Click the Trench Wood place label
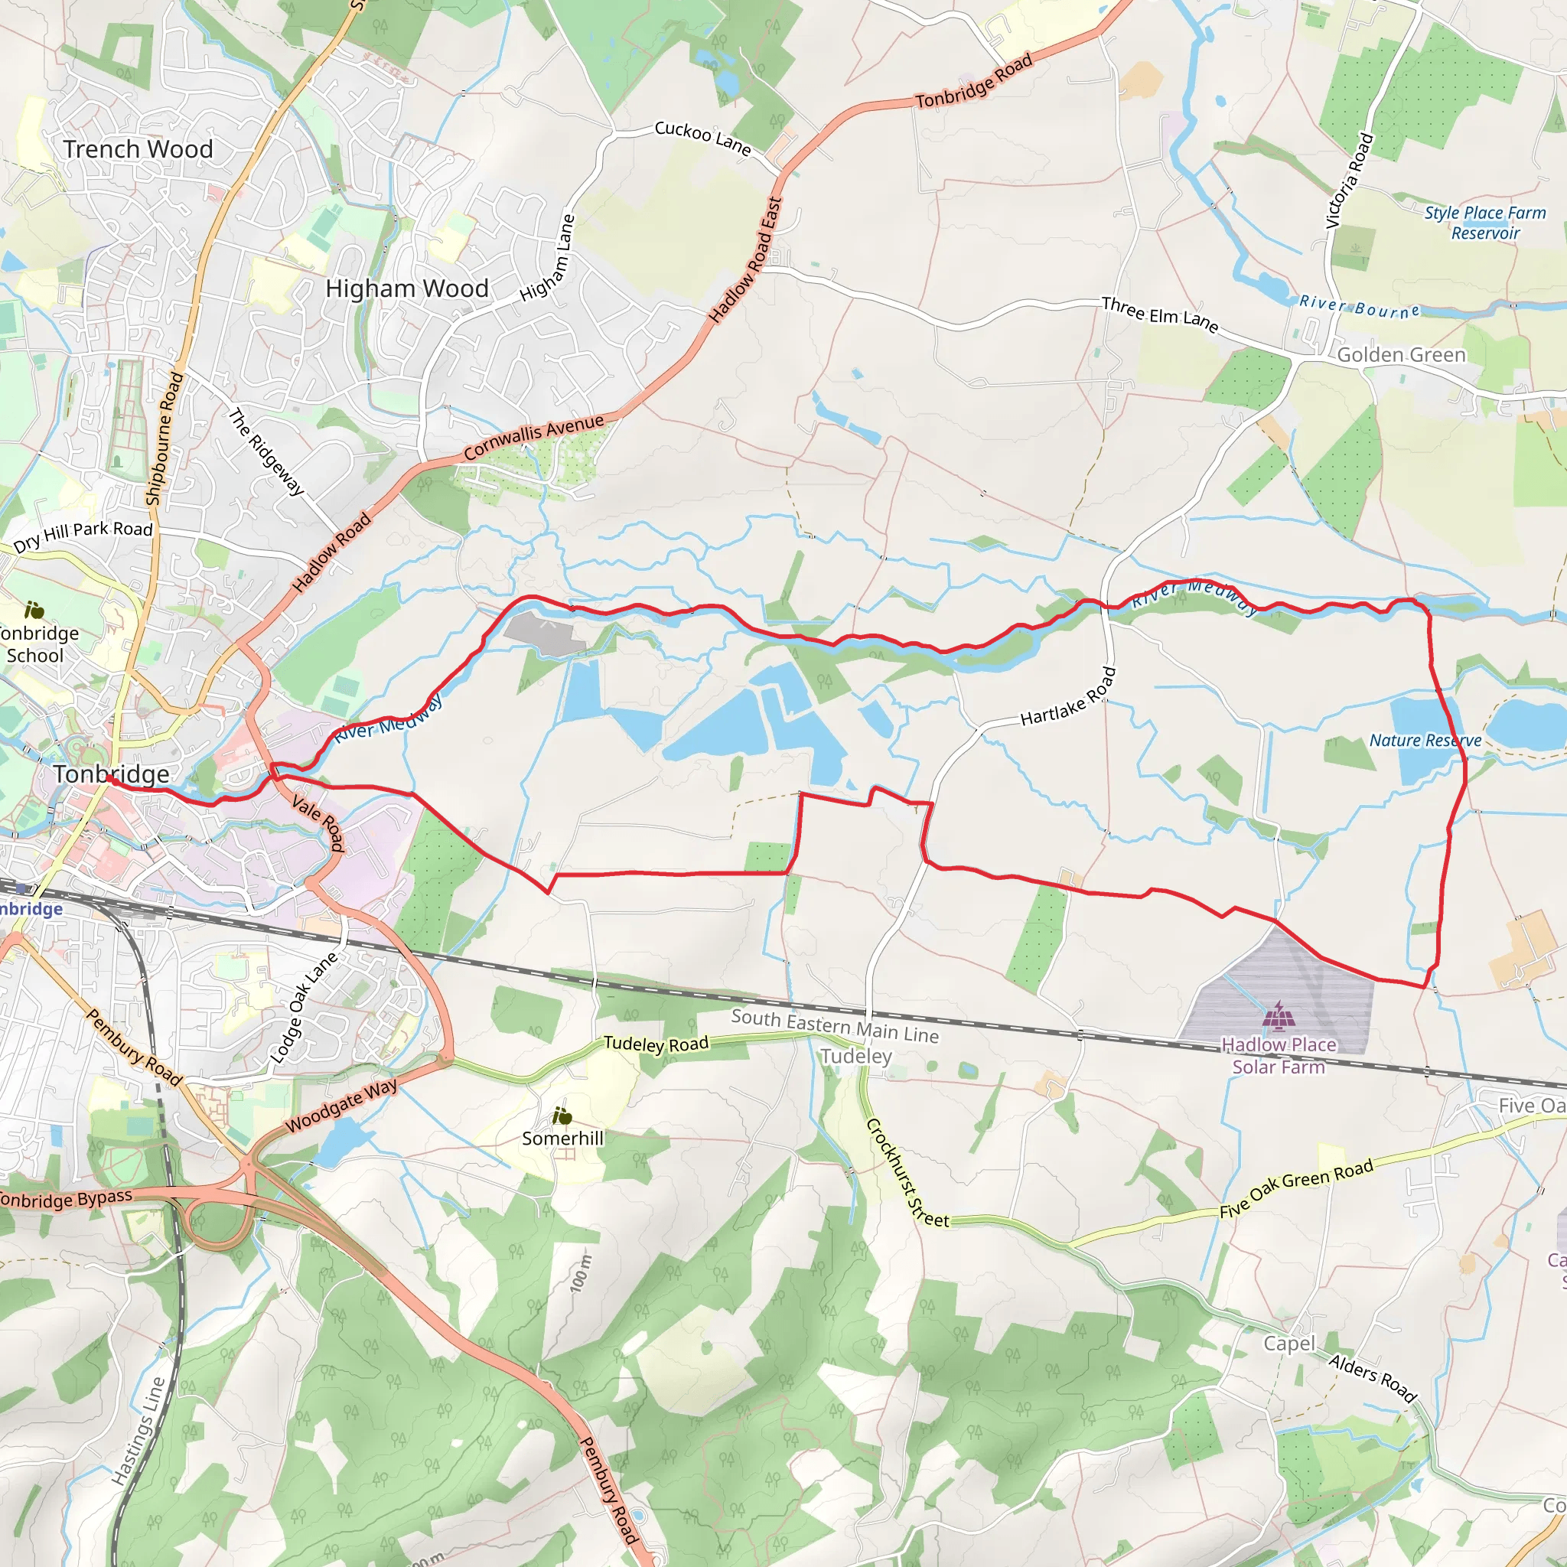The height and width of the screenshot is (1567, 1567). click(x=138, y=149)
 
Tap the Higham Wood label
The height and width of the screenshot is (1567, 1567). click(x=406, y=288)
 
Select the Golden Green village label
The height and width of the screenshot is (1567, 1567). click(x=1401, y=355)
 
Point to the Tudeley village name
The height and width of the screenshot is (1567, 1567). click(x=855, y=1056)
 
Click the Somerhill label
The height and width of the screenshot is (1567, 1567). click(x=563, y=1138)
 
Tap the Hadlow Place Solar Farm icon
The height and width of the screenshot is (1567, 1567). click(x=1279, y=1015)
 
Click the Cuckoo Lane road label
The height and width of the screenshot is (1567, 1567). click(x=702, y=138)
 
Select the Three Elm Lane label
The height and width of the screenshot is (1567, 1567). click(x=1160, y=314)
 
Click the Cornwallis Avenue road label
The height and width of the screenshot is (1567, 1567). click(x=535, y=435)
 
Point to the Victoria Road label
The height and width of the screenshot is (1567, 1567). click(x=1349, y=180)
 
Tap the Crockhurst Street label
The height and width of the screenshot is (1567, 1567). click(x=907, y=1173)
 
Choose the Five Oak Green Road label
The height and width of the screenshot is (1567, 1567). click(x=1296, y=1188)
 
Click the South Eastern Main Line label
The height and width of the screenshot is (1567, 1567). click(x=835, y=1025)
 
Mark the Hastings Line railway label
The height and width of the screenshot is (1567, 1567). click(x=138, y=1431)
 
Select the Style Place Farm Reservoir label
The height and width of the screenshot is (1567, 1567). click(x=1485, y=222)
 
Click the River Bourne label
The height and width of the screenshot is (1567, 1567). click(x=1360, y=307)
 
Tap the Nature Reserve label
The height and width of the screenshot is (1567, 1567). click(x=1425, y=741)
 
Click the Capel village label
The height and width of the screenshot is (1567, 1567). click(x=1288, y=1344)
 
